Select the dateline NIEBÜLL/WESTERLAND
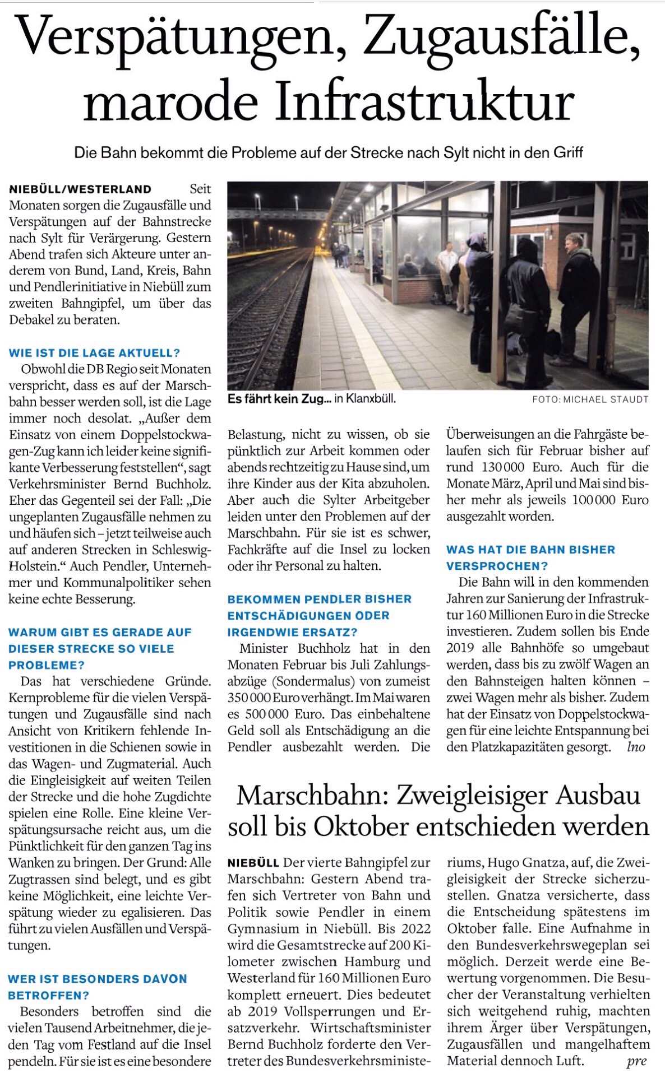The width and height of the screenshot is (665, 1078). [81, 189]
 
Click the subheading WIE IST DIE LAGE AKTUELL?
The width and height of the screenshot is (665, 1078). [94, 353]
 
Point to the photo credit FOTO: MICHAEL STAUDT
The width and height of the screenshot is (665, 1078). [590, 399]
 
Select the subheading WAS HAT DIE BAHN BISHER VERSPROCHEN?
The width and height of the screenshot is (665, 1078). [530, 557]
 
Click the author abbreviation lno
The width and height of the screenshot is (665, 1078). [636, 747]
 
